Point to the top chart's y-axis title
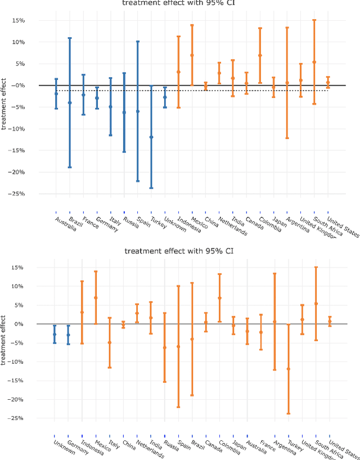tap(4, 106)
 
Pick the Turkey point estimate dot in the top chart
tap(151, 137)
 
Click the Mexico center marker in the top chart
tap(192, 55)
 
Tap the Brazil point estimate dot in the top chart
tap(70, 102)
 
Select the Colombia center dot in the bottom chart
tap(219, 298)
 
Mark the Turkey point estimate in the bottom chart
tap(288, 369)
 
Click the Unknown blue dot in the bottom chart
tap(55, 334)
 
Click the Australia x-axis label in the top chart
tap(66, 223)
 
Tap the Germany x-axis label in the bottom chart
tap(76, 447)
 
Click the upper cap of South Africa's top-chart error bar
tap(314, 20)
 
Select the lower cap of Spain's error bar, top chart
tap(138, 181)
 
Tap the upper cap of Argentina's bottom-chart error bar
tap(274, 273)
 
